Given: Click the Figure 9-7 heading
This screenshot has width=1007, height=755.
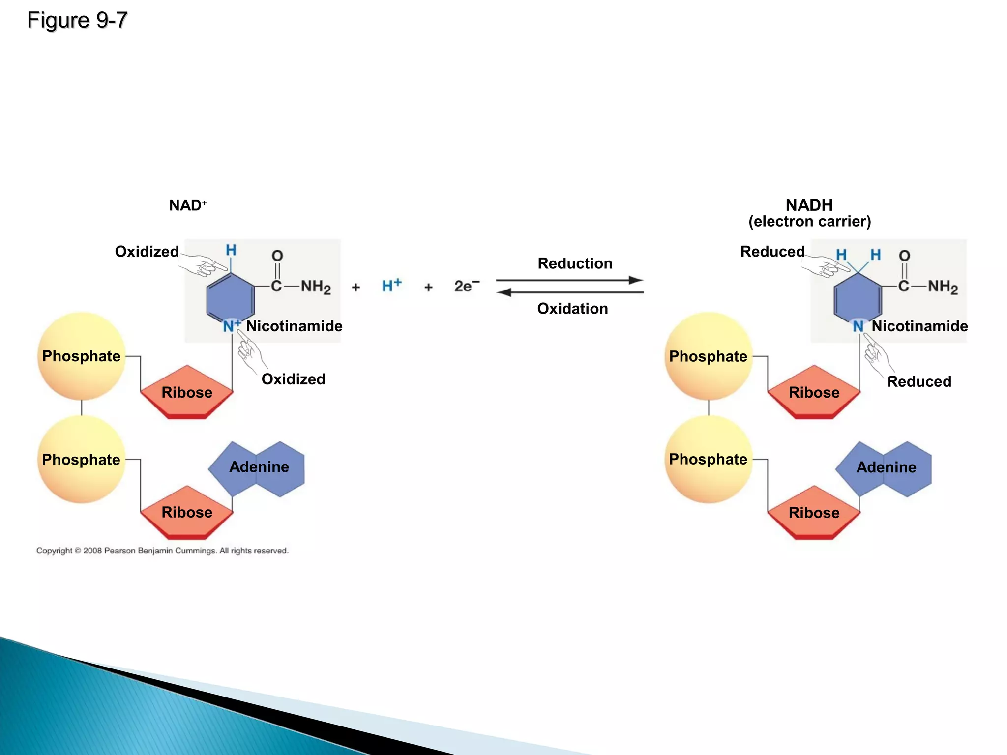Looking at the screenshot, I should coord(77,20).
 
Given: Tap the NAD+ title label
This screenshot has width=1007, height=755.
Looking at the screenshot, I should coord(188,205).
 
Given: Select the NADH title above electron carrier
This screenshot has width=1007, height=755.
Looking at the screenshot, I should coord(809,205).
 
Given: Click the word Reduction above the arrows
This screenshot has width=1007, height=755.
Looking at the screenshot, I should coord(575,263).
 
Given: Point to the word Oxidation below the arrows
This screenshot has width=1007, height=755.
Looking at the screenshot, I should coord(572,309).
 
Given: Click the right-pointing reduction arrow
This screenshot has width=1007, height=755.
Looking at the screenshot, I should coord(570,280).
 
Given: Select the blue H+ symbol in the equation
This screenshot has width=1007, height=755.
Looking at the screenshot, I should coord(391,286).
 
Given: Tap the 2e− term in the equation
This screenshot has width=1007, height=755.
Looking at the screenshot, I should coord(466,286).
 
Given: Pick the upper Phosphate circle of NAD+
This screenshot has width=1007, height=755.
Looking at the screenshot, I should coord(82,356).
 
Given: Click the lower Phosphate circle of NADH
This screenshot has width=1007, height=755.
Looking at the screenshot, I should coord(708,459).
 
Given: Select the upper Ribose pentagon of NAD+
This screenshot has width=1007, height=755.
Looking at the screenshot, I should coord(187,392).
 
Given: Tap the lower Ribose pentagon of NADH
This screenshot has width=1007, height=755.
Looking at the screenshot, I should coord(814,513).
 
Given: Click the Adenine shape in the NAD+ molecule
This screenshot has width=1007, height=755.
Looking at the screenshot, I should coord(259,467).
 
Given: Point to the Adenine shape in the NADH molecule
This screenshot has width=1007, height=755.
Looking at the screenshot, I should coord(886,467).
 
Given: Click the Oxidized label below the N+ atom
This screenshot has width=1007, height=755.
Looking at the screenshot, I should coord(293,379).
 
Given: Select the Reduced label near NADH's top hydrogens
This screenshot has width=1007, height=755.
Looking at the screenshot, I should coord(772,252).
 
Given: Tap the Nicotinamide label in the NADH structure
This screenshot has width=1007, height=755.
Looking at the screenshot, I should coord(919,326).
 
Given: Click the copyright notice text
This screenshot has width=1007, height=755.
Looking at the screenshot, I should coord(162,551).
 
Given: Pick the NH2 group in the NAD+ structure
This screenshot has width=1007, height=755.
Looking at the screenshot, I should coord(315,287).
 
